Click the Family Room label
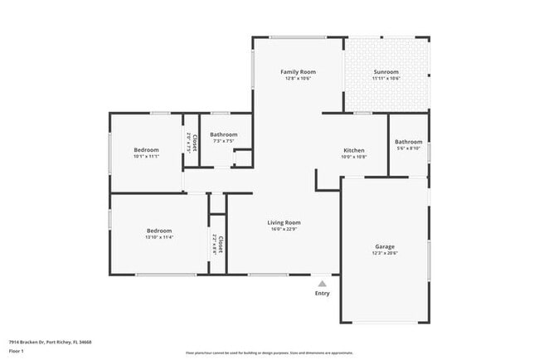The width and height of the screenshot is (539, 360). coord(299,72)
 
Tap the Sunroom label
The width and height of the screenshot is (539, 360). coord(386,72)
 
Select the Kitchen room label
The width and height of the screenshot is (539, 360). coord(354,150)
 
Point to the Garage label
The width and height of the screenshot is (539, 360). coord(384,246)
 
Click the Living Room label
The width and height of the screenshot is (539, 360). coord(284,222)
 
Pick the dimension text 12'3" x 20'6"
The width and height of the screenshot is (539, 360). coord(384,254)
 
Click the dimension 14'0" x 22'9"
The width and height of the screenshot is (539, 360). coord(284,230)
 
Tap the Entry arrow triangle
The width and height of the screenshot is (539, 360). coord(323,283)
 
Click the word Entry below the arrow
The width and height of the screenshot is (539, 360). coord(323,293)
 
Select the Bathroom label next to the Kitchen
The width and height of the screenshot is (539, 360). coord(408,142)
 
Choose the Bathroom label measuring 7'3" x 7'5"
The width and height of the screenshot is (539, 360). coord(224,134)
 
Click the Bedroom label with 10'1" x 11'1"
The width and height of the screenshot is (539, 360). coord(146,149)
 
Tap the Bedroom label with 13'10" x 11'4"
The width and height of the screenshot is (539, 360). coord(159,231)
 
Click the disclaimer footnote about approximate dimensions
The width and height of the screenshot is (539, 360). coord(269,352)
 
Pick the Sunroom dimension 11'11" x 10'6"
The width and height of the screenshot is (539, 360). coord(386,79)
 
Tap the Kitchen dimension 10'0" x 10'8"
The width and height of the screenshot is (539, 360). coord(354,157)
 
